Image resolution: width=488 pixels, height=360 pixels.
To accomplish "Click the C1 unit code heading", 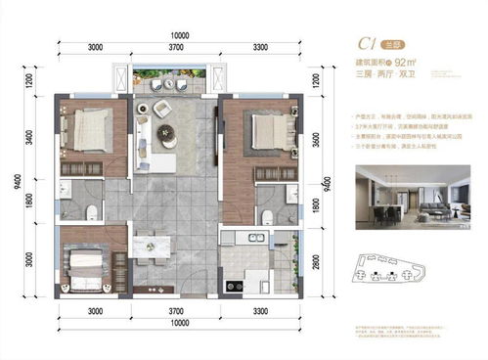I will pyautogui.click(x=368, y=42).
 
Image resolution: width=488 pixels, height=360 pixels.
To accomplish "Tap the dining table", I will pyautogui.click(x=152, y=243).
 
